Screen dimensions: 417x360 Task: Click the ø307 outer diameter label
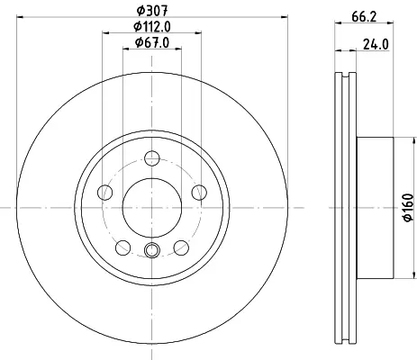152,11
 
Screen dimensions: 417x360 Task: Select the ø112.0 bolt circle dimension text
152,27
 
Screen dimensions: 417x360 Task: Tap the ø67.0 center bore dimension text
152,42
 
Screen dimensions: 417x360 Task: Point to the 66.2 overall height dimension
364,17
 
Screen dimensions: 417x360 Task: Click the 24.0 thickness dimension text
376,45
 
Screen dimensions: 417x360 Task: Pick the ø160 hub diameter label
408,208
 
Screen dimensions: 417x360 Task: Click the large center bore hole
152,207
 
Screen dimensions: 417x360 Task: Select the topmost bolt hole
152,158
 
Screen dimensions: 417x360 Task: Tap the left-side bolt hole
105,193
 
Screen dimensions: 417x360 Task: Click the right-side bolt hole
199,193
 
